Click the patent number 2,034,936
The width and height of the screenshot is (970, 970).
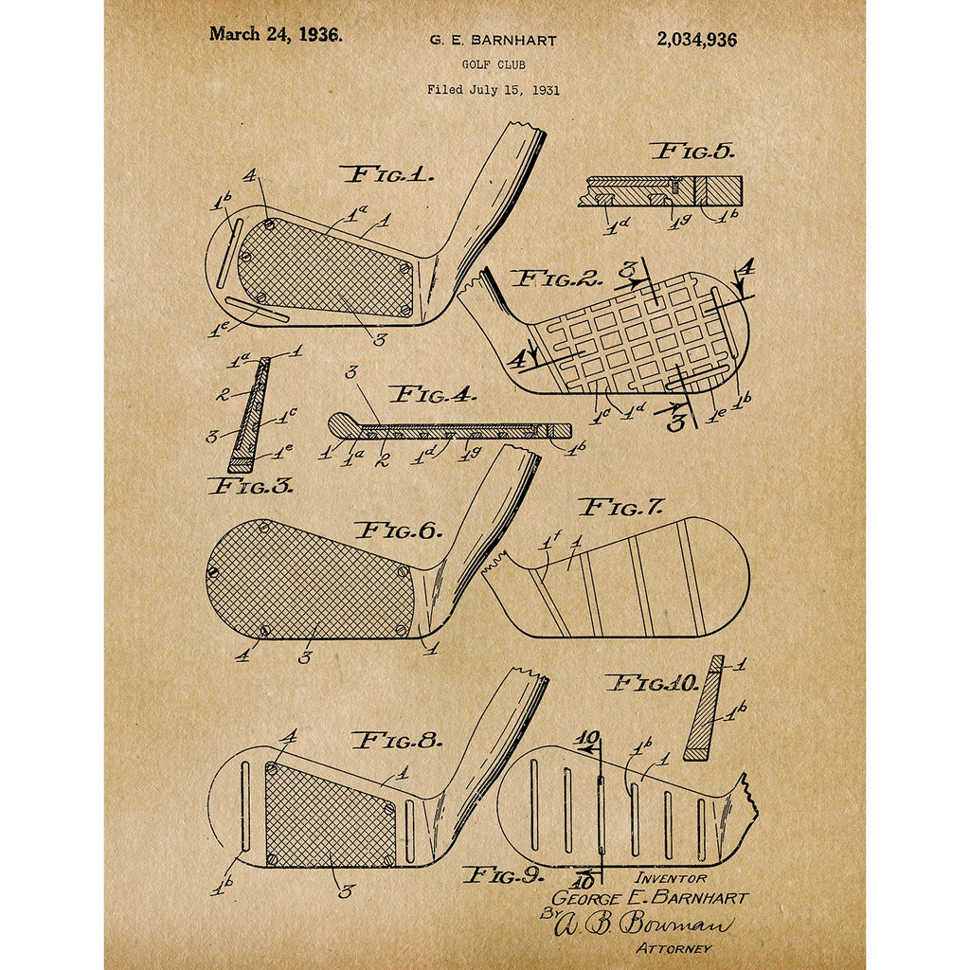(696, 40)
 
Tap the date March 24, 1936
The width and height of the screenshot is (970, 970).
(275, 34)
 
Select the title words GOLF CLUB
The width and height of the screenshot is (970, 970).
(493, 64)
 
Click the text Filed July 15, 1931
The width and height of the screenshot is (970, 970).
(493, 90)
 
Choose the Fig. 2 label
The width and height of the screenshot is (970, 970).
(556, 279)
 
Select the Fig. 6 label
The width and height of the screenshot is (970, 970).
(399, 530)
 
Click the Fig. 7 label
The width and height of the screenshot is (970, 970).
(620, 508)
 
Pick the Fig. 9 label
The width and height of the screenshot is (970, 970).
(503, 875)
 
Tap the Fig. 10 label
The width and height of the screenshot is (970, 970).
(652, 684)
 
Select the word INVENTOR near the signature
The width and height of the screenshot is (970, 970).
(670, 878)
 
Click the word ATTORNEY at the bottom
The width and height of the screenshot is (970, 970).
(674, 947)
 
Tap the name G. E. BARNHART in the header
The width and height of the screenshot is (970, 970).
(493, 41)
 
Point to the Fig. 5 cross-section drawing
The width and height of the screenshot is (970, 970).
(660, 191)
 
